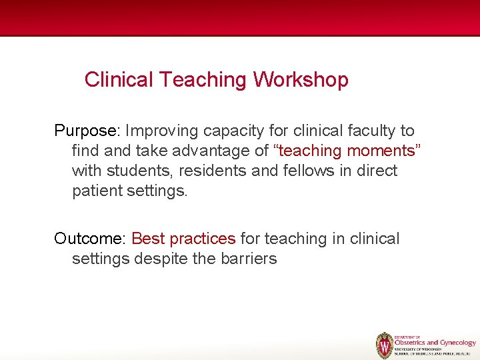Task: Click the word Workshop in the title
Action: coord(301,80)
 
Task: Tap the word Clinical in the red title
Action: coord(119,80)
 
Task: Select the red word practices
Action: coord(203,239)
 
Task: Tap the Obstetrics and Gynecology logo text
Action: coord(435,343)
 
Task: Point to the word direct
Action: coord(377,171)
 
